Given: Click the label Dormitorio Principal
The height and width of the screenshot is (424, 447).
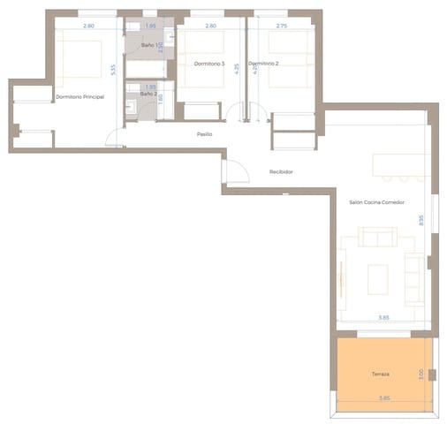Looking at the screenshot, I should [x=80, y=96].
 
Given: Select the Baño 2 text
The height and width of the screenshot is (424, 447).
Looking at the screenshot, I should [x=148, y=93].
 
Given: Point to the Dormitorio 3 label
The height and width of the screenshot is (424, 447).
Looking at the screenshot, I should [x=209, y=64].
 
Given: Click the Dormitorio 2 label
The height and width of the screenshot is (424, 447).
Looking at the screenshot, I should [x=263, y=64].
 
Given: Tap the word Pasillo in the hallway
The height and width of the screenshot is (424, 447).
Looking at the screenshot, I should [x=204, y=134].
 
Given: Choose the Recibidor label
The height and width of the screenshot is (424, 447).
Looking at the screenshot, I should [x=281, y=171].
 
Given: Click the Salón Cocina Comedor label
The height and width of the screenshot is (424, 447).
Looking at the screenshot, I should [x=376, y=202].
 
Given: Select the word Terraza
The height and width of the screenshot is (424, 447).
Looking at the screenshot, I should [x=381, y=374].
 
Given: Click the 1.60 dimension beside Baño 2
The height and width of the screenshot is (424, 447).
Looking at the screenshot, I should [x=160, y=98].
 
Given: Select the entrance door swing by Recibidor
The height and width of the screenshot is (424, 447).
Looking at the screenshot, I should [x=234, y=171].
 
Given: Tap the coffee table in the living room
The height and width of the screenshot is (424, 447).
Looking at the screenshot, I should [x=378, y=277].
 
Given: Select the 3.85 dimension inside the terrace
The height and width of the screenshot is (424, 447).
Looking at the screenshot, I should [x=384, y=398].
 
